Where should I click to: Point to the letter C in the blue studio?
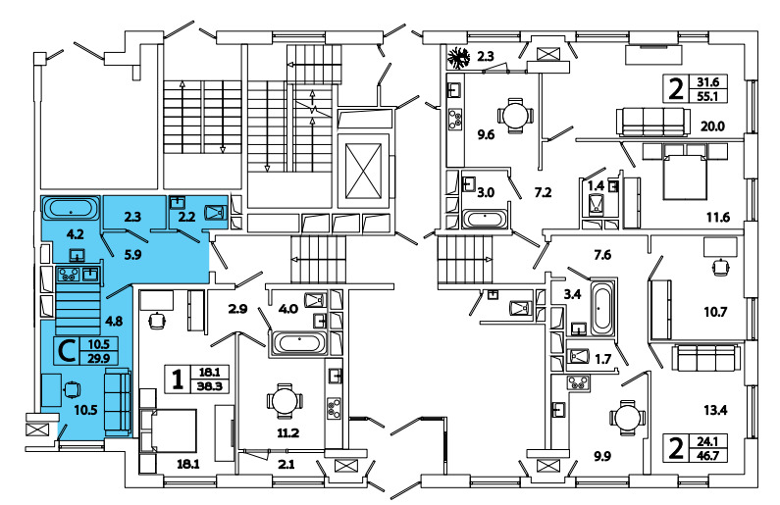(69, 350)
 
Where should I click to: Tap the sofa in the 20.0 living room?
(650, 121)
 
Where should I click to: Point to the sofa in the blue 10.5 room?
(117, 402)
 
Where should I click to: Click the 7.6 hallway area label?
(603, 256)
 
